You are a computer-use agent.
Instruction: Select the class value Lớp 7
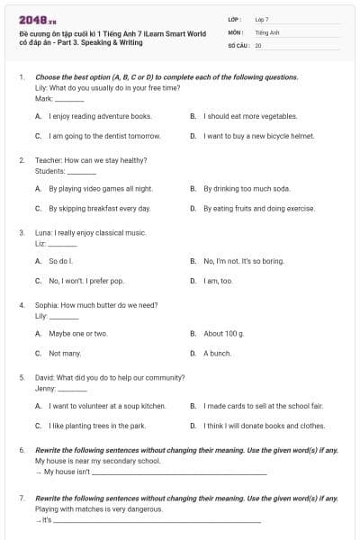(262, 19)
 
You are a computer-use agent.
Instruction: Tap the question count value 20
(258, 44)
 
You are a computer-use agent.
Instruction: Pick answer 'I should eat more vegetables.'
(250, 116)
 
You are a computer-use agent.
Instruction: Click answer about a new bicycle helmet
(258, 136)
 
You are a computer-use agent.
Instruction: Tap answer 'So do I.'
(60, 261)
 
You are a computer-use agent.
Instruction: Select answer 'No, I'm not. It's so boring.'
(244, 261)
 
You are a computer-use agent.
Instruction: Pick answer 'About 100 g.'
(224, 334)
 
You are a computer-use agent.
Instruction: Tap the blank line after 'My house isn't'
(179, 472)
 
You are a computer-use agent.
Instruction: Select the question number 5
(22, 377)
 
